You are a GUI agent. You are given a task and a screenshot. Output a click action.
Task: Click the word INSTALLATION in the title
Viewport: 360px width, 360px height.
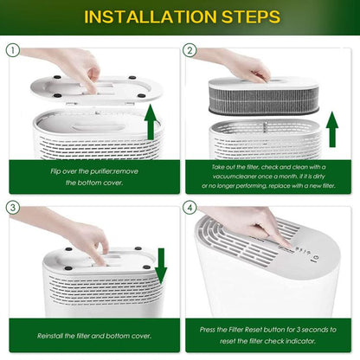click(142, 16)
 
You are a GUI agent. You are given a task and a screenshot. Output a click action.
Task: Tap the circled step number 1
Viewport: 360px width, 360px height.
click(12, 50)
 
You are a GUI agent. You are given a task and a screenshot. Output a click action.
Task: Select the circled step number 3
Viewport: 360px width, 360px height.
click(12, 209)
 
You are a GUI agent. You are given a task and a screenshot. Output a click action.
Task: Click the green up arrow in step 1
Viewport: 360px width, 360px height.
click(151, 121)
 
